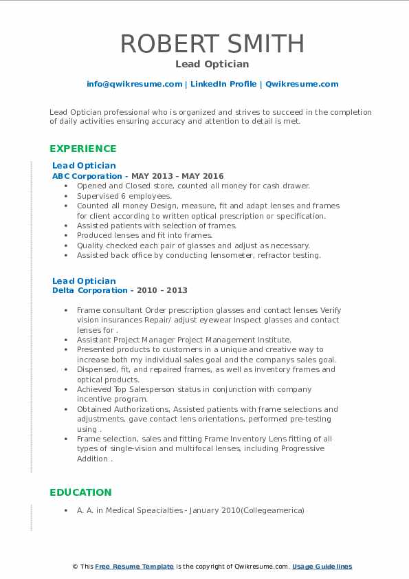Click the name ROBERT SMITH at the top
point(212,43)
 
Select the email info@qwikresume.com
point(134,84)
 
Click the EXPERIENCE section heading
point(82,149)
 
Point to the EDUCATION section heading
point(80,492)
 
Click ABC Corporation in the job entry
point(87,176)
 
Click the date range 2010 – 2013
point(164,290)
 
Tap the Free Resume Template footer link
point(134,567)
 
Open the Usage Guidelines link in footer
point(322,567)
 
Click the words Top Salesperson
point(146,389)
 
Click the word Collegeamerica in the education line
point(273,511)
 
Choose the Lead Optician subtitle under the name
point(212,64)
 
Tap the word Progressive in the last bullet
point(299,448)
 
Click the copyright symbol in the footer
point(76,567)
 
